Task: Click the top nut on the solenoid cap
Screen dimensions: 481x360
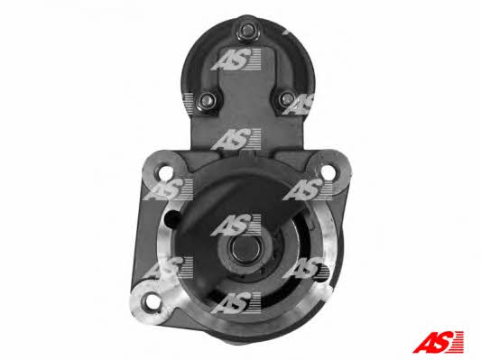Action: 246,31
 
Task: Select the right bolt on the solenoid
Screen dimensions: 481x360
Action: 286,98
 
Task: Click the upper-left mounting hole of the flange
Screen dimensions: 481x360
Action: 166,172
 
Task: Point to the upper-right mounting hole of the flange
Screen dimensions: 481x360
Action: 327,171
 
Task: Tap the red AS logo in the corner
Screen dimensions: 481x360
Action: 438,342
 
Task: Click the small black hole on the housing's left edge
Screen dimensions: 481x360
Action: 171,217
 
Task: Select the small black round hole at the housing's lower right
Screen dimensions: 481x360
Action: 323,272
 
